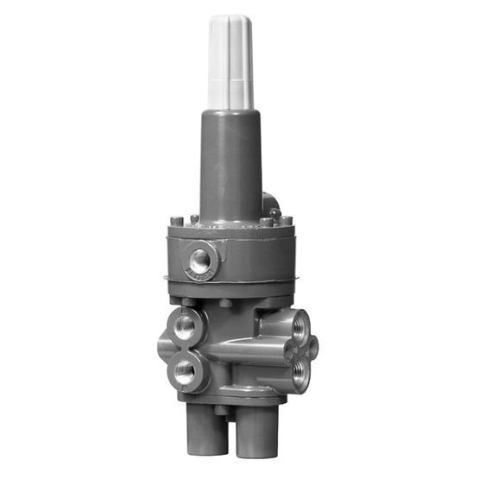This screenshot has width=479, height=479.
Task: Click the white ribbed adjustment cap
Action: click(230, 65)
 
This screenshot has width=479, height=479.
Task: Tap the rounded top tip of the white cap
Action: click(230, 19)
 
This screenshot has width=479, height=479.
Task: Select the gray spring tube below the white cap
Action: click(230, 164)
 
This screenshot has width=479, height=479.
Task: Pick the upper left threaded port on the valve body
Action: click(185, 327)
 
